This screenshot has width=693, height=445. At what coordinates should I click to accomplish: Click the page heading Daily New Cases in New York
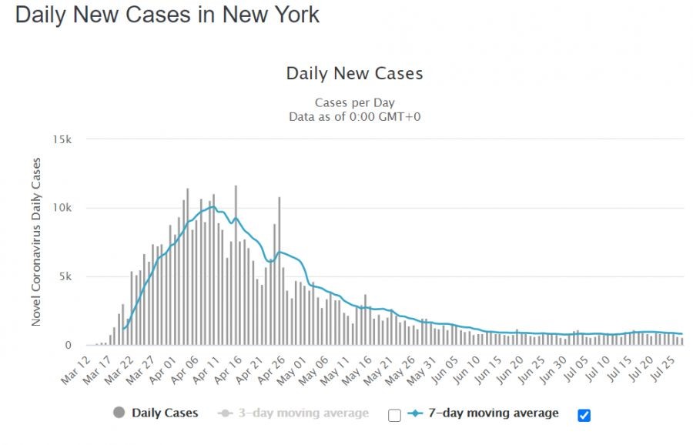click(167, 15)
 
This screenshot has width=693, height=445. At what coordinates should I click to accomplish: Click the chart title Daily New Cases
click(354, 74)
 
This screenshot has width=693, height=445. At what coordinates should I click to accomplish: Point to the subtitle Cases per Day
click(354, 102)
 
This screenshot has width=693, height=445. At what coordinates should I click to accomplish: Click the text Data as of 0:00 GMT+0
click(354, 117)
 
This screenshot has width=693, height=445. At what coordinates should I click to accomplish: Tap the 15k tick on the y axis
click(62, 140)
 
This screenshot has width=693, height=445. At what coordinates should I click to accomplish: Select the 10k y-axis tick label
click(62, 209)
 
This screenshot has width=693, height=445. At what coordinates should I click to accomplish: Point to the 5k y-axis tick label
click(65, 277)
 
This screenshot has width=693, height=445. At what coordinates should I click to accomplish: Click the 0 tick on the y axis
click(68, 346)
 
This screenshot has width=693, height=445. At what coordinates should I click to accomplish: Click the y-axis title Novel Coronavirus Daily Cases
click(36, 243)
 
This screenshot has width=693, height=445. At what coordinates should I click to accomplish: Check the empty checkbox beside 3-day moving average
click(394, 416)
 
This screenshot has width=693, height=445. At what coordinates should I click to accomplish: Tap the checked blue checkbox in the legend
click(584, 416)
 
